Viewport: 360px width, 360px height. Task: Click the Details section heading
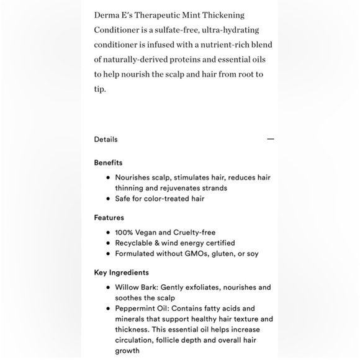pos(106,140)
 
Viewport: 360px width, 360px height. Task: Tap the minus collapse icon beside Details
pos(270,140)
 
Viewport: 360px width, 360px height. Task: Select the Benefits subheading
pos(108,163)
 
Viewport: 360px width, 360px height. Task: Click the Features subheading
pos(109,218)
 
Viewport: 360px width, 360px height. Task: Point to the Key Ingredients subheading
pos(121,272)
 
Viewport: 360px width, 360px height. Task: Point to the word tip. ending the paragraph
pos(100,89)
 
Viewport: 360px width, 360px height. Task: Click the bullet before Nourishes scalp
pos(108,178)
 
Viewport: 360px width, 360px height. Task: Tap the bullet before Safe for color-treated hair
pos(108,199)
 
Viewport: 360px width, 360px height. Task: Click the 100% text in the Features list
pos(124,233)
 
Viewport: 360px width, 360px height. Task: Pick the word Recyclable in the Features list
pos(134,243)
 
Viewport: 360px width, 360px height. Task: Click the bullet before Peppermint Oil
pos(108,308)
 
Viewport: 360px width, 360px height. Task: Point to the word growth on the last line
pos(127,351)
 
